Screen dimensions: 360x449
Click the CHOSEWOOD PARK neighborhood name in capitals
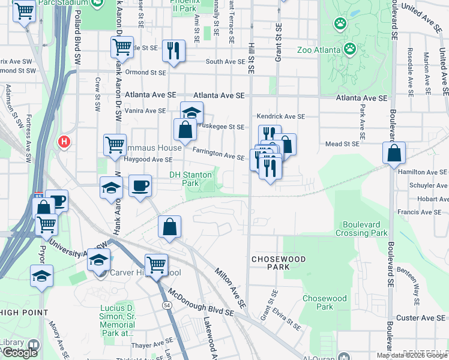[x=279, y=263]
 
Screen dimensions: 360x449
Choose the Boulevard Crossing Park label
[x=361, y=229]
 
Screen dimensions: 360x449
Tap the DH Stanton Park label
[x=190, y=179]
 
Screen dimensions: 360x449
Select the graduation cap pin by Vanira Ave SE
[x=192, y=112]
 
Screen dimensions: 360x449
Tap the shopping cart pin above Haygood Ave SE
[x=115, y=144]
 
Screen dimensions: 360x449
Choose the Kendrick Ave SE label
[x=280, y=116]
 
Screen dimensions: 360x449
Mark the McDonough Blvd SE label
[x=200, y=304]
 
